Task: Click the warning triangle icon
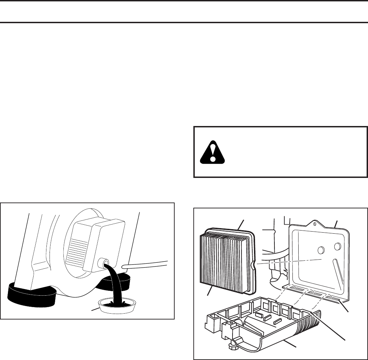click(212, 153)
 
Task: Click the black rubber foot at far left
click(31, 294)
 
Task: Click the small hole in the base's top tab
click(314, 224)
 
